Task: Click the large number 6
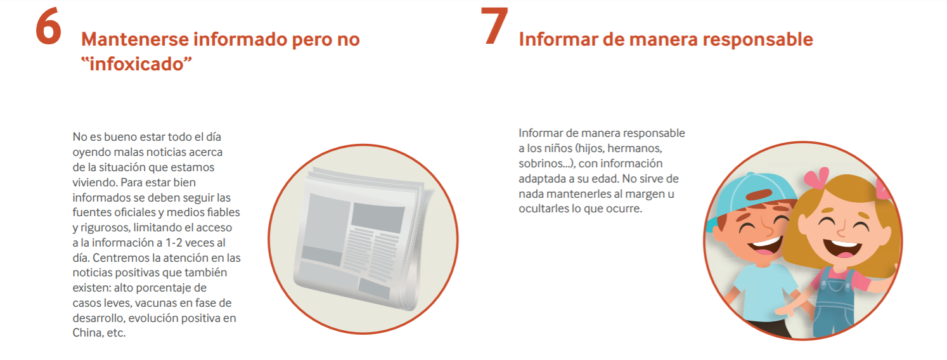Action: (x=49, y=27)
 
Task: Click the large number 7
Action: (x=494, y=26)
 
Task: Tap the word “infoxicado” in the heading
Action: (x=136, y=64)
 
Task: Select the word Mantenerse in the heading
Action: (x=135, y=39)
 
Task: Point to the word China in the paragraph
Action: (x=86, y=333)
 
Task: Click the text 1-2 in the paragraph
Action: (x=173, y=243)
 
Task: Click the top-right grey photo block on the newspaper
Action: (x=378, y=217)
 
